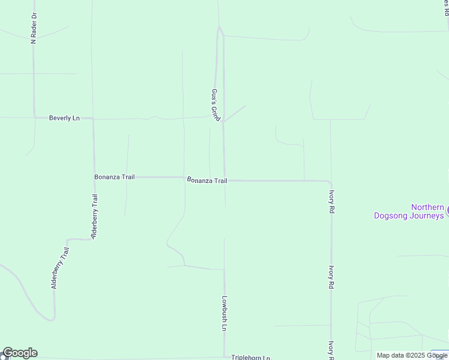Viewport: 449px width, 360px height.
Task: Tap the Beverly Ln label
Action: click(64, 118)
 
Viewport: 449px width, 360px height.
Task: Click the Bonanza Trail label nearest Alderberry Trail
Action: click(114, 177)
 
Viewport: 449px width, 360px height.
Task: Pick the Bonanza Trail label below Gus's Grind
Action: click(207, 180)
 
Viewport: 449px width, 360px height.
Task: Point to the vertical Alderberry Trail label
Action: click(94, 217)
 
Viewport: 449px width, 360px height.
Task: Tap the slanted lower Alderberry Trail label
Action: click(61, 268)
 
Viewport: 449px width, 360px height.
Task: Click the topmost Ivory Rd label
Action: click(331, 202)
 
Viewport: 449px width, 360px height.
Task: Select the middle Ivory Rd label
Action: click(331, 278)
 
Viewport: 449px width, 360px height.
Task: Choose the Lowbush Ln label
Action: click(223, 313)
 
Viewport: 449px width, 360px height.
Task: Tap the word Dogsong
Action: click(391, 215)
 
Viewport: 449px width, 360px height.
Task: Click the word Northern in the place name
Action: click(427, 208)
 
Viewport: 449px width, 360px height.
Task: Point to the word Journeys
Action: click(426, 215)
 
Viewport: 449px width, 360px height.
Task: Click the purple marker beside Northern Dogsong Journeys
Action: click(447, 211)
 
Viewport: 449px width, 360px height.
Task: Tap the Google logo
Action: click(20, 353)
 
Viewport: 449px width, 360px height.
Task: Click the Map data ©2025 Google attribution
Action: click(412, 355)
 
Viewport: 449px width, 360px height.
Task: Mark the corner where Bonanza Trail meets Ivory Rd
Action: click(330, 181)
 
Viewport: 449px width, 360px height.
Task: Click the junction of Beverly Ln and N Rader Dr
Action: click(34, 118)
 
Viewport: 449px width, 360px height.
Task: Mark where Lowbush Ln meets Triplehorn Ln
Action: click(224, 356)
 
